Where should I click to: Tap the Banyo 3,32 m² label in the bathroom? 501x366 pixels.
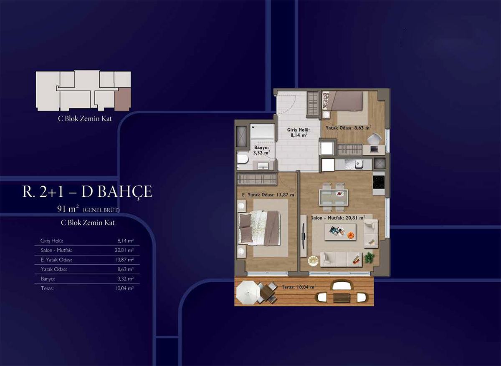click(x=261, y=150)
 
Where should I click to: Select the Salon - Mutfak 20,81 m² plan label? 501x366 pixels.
click(x=338, y=218)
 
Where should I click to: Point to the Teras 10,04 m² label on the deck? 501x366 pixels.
click(x=299, y=287)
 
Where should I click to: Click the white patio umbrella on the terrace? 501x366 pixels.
click(x=248, y=292)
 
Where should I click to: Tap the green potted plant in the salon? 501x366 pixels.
click(x=369, y=258)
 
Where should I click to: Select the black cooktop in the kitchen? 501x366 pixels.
click(x=379, y=182)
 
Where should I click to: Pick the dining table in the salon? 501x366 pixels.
click(x=333, y=197)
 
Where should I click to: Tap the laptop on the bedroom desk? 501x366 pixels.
click(x=374, y=149)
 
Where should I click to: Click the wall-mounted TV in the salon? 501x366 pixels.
click(x=303, y=235)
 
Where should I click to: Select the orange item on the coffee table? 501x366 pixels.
click(x=350, y=235)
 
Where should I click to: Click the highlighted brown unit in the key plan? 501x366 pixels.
click(x=122, y=99)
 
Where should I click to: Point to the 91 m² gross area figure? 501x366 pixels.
click(x=68, y=209)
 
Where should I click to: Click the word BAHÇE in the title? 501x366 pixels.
click(x=125, y=192)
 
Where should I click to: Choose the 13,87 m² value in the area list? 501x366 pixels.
click(x=124, y=260)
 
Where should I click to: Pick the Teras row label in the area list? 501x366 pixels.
click(x=47, y=288)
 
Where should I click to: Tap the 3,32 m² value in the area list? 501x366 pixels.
click(x=126, y=279)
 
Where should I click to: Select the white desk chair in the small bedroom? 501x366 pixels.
click(x=374, y=138)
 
